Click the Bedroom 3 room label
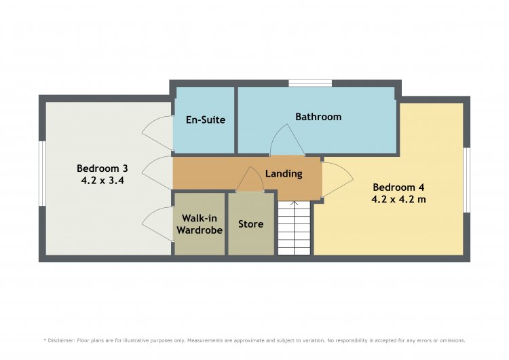[x=102, y=168]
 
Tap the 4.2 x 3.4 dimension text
[x=102, y=180]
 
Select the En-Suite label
[x=206, y=120]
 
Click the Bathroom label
[x=318, y=117]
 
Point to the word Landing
[x=284, y=174]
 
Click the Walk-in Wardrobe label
[x=200, y=224]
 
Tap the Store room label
[x=250, y=224]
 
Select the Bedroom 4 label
[x=398, y=187]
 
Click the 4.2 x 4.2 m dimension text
[x=398, y=199]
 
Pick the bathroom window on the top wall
[x=310, y=83]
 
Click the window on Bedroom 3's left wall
[x=42, y=173]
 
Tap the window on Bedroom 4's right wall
[x=466, y=180]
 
